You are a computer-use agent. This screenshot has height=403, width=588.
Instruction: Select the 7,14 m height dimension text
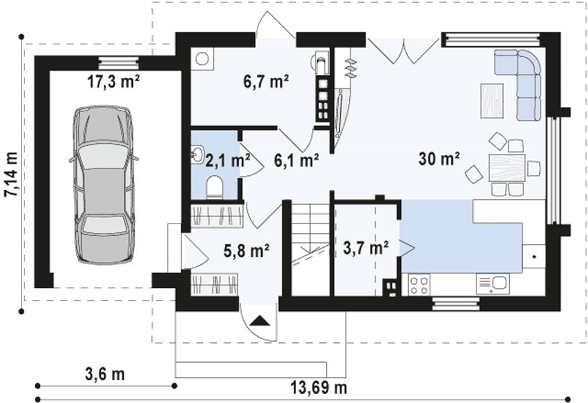click(x=12, y=174)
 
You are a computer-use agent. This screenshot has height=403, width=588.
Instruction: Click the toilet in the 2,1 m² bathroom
click(x=215, y=187)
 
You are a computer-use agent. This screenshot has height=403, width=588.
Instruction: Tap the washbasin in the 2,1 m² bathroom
click(x=196, y=154)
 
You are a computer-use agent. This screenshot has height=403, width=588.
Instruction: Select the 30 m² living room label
click(x=439, y=158)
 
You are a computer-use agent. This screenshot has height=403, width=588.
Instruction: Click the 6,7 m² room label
click(x=266, y=81)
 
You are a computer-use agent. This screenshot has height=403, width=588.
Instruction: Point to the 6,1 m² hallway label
click(x=297, y=160)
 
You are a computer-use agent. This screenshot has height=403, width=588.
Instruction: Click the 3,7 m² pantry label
click(x=366, y=247)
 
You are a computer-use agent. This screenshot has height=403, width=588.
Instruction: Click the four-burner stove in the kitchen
click(x=419, y=285)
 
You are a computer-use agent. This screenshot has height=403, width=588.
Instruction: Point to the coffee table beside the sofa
click(x=492, y=100)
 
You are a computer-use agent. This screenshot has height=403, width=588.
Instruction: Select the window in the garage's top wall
click(x=118, y=63)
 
